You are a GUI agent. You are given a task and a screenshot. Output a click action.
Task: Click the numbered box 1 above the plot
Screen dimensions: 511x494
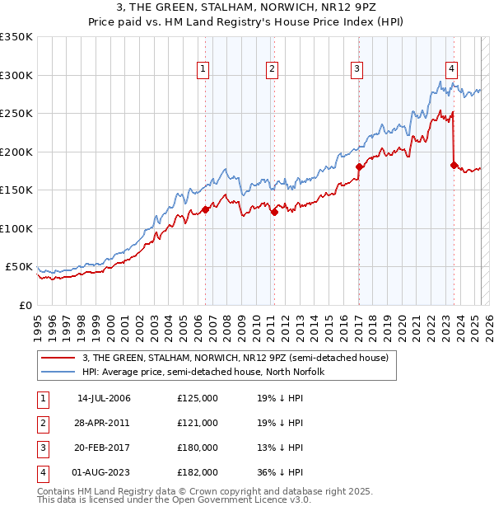(203, 69)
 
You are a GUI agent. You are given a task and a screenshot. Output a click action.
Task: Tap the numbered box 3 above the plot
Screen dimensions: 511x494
(357, 69)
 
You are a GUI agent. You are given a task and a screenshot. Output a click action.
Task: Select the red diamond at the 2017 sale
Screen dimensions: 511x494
(359, 166)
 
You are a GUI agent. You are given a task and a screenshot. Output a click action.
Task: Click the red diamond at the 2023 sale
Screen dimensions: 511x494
(454, 165)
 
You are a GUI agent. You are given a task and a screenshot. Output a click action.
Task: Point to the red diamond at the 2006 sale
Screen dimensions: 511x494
(205, 209)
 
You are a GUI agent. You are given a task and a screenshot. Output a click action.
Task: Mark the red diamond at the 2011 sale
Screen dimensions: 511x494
(275, 213)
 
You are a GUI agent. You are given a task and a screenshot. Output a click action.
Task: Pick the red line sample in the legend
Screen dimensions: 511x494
(58, 358)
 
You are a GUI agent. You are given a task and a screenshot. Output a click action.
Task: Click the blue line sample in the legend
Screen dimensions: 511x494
(58, 372)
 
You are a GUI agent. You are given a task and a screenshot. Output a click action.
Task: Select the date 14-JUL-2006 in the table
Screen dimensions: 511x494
(104, 398)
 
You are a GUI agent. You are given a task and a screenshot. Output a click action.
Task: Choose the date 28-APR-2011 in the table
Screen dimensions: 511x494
(104, 423)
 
